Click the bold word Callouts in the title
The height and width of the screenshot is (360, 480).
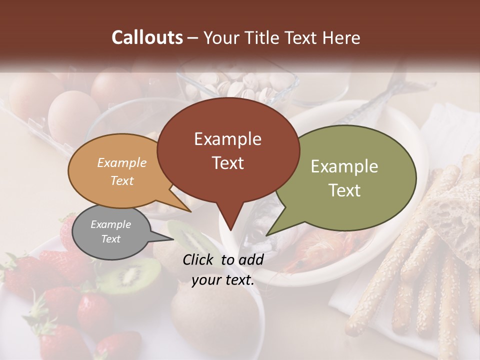[147, 37]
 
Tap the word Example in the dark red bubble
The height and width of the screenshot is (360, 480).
[227, 139]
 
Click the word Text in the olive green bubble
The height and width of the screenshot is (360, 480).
[344, 190]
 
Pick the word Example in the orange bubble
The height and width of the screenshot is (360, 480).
[121, 162]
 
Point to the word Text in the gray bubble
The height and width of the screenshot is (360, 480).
[110, 239]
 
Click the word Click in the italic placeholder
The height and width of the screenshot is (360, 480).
[198, 259]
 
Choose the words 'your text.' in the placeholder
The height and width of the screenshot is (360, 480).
[223, 280]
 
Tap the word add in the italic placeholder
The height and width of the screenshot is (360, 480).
[250, 259]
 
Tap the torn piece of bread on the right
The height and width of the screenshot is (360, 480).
[455, 210]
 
